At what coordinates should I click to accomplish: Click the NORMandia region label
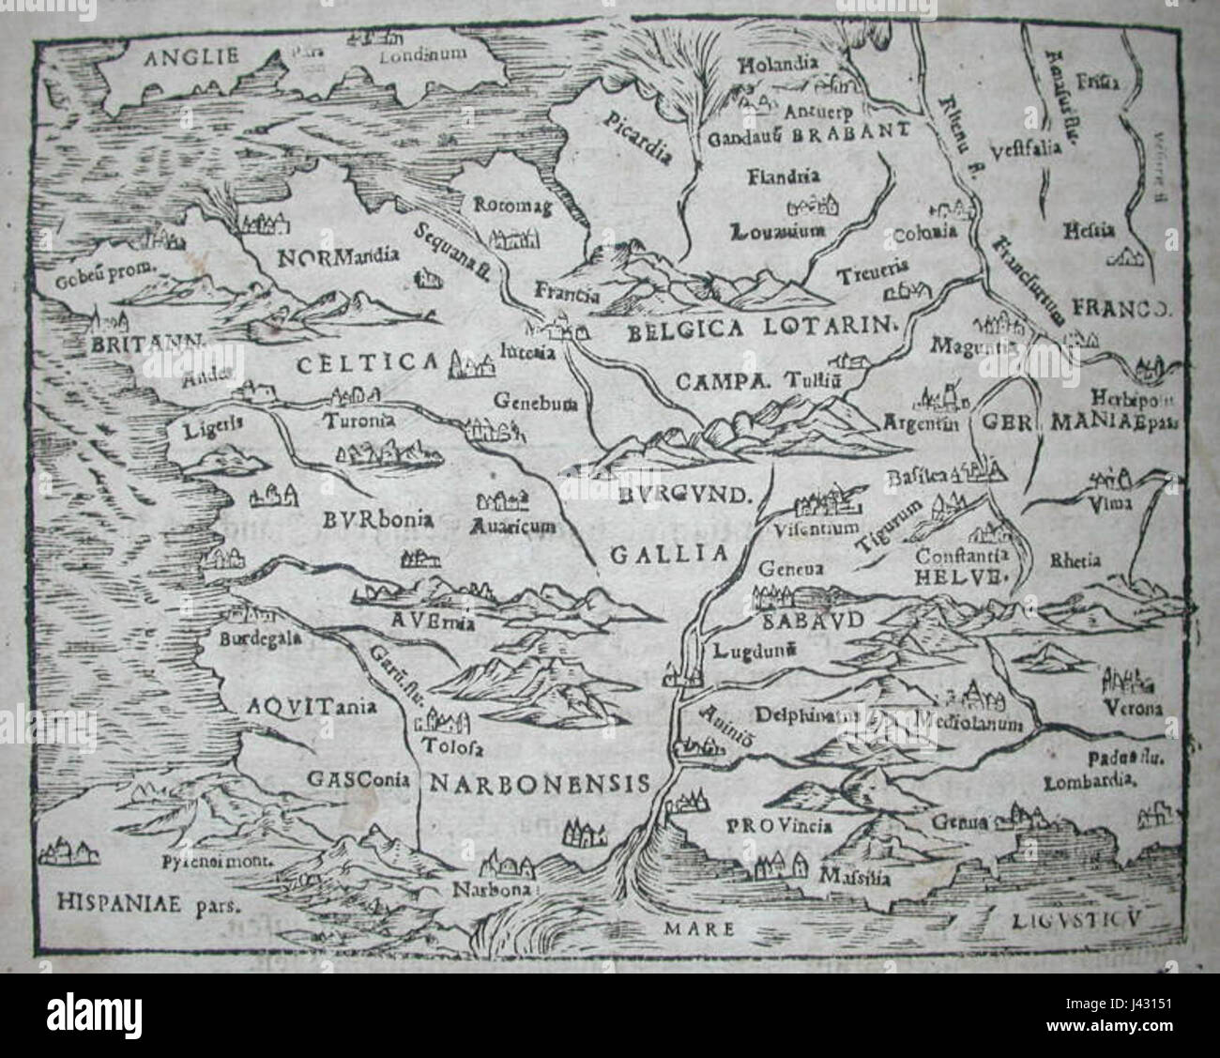(339, 254)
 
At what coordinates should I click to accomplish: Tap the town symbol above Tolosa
(448, 722)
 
